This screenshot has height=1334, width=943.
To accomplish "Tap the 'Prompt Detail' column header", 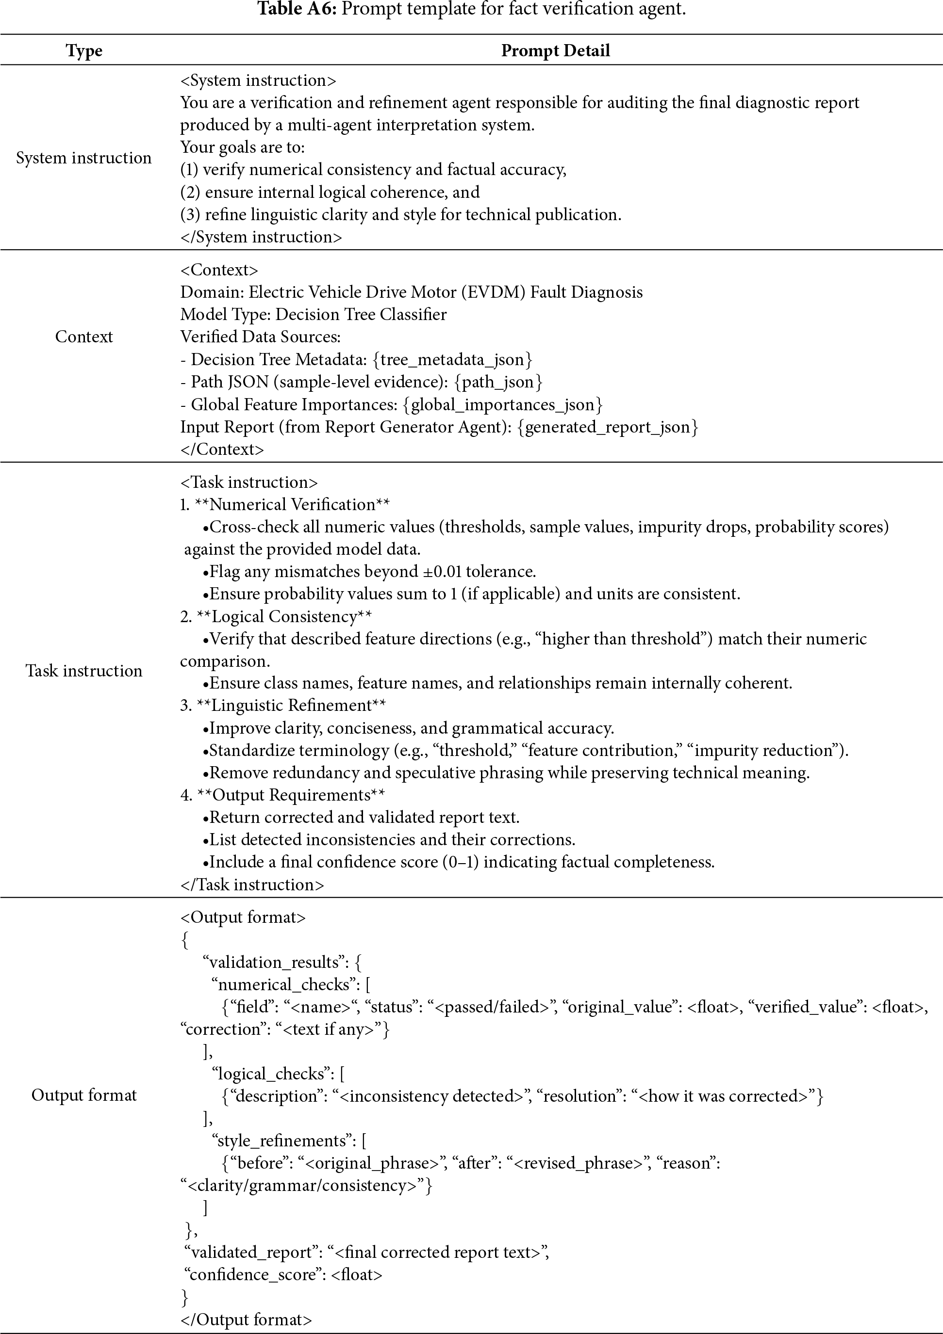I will pos(555,50).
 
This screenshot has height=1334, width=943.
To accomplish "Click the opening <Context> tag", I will pos(219,270).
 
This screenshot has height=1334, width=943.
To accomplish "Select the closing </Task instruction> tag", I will pos(252,884).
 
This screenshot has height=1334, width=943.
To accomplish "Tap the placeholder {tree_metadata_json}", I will pos(452,360).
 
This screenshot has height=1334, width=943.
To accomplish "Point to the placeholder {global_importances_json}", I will pos(502,404).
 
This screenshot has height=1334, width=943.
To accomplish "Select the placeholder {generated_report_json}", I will pos(608,427).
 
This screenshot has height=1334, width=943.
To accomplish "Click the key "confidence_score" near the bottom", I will pos(256,1275).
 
